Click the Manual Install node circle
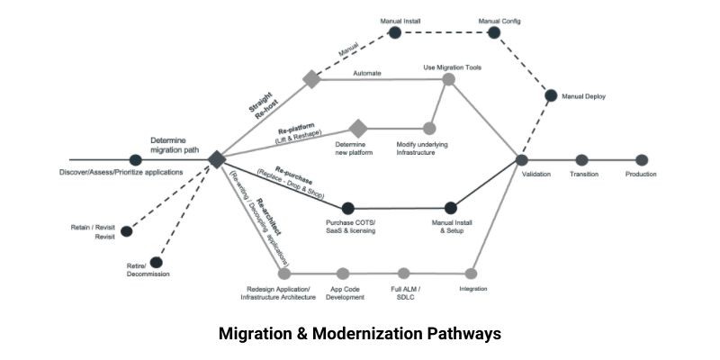pos(393,33)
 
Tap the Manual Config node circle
pos(493,33)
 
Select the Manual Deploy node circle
pos(550,95)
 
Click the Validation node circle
pos(522,159)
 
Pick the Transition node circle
pos(582,159)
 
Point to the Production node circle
pos(642,159)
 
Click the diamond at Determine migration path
pos(216,159)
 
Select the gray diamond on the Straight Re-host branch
pos(311,79)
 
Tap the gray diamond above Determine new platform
pos(359,129)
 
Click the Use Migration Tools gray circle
pos(448,80)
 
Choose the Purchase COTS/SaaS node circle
pos(348,208)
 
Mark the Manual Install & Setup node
pos(451,208)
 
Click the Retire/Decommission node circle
pos(156,262)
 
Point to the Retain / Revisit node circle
pos(126,232)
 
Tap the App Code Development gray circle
pos(342,273)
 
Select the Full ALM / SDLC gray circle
pos(407,273)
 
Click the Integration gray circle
pos(470,273)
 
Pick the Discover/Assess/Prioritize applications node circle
pos(136,159)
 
